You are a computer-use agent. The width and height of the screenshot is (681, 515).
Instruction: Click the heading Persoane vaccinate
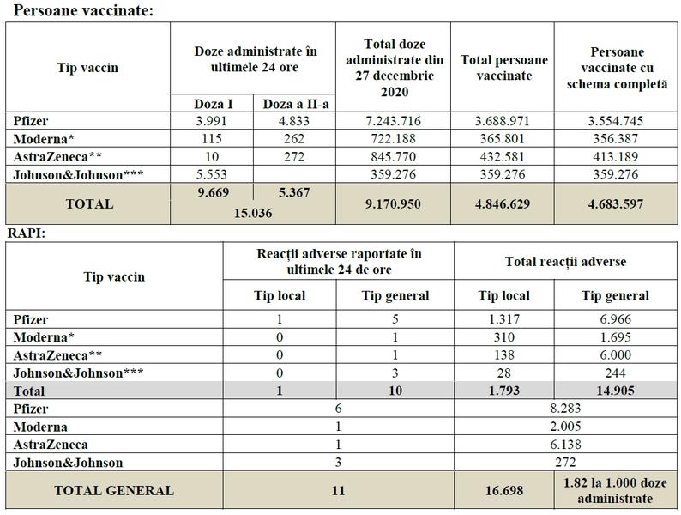click(81, 10)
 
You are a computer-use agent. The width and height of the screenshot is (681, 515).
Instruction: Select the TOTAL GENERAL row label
click(114, 491)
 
